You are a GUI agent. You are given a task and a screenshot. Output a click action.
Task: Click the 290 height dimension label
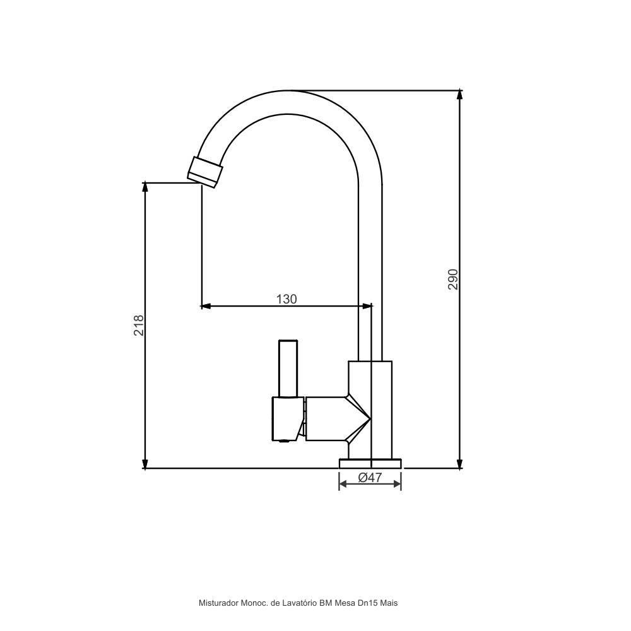[x=452, y=279]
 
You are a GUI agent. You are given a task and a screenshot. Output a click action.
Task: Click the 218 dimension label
[x=139, y=325]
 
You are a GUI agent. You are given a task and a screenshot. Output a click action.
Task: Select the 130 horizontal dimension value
[x=286, y=299]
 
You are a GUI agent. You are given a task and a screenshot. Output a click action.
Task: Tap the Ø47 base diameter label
[x=370, y=478]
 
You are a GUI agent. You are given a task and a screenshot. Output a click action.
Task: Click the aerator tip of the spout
[x=205, y=172]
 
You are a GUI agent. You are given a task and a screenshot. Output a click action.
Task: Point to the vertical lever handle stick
[x=288, y=369]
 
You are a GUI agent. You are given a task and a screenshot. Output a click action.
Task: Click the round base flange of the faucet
[x=370, y=463]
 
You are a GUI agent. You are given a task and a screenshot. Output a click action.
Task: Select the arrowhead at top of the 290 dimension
[x=459, y=95]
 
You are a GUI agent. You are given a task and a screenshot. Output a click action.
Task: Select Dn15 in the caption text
[x=368, y=603]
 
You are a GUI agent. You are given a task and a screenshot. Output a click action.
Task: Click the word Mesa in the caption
[x=345, y=603]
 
